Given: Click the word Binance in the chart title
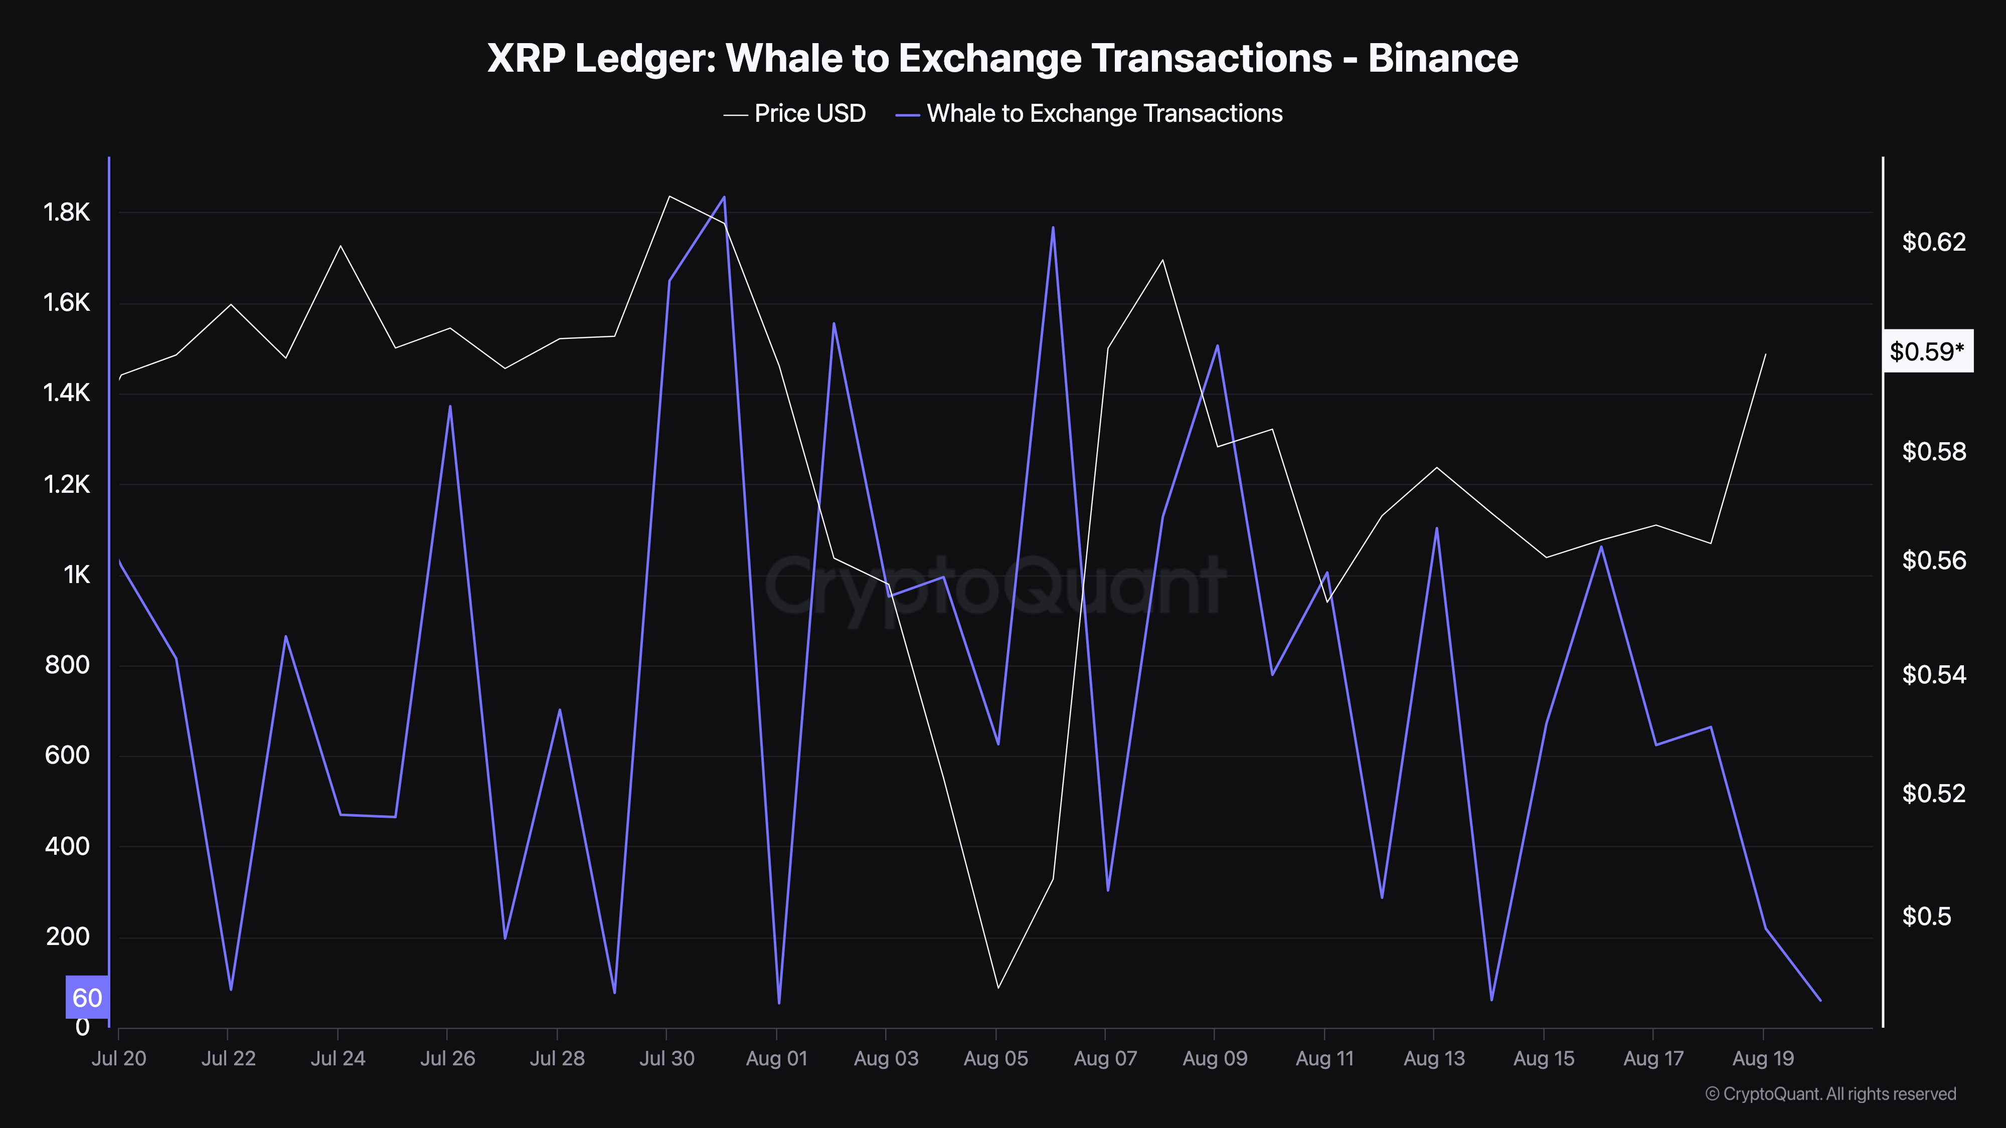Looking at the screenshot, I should (1442, 58).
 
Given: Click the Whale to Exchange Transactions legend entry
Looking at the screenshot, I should (1103, 114).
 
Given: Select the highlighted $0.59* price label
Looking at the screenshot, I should (1927, 352).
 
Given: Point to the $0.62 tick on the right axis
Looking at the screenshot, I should (1934, 242).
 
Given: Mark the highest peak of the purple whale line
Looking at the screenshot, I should (724, 197).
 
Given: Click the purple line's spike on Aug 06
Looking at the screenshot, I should (1053, 227).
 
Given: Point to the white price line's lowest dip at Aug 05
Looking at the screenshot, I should (997, 988).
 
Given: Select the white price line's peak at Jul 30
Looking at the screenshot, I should (670, 196).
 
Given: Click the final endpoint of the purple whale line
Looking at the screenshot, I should (1820, 1000).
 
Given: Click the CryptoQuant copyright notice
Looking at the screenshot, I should (1830, 1094).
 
